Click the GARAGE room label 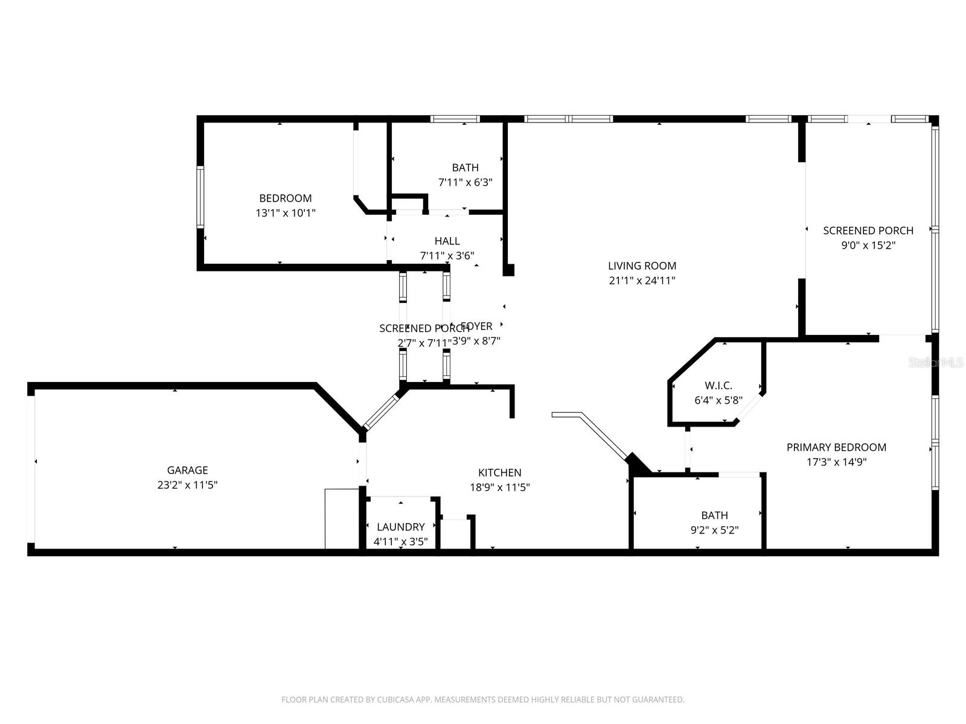(x=187, y=470)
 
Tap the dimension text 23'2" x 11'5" (x=187, y=484)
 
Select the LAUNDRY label (x=401, y=527)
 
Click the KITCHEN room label (x=500, y=472)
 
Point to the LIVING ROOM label (x=642, y=265)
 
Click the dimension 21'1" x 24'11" (x=642, y=280)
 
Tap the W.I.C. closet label (x=718, y=386)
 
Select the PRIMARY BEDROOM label (x=836, y=447)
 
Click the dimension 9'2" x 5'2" (x=714, y=530)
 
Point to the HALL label (x=447, y=241)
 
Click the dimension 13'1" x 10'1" (x=286, y=212)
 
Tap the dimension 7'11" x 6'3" (x=465, y=182)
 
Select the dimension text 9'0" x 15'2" (x=868, y=245)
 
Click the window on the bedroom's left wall (x=200, y=197)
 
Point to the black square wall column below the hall (x=508, y=270)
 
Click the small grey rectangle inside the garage (x=342, y=519)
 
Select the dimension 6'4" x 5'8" (x=718, y=400)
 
